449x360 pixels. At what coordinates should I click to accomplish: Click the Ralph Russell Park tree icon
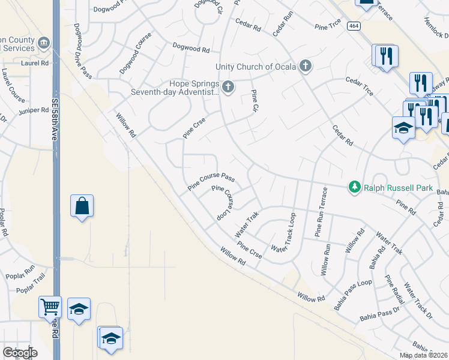(355, 188)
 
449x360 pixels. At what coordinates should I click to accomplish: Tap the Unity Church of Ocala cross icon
(306, 66)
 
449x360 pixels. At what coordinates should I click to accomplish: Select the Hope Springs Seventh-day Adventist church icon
(228, 88)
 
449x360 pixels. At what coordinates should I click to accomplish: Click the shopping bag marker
(81, 206)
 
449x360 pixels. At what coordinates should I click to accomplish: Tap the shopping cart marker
(49, 307)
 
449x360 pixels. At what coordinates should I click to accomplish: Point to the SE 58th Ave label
(54, 119)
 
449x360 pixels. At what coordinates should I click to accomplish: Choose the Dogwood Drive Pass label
(82, 51)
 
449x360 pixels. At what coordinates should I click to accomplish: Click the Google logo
(20, 352)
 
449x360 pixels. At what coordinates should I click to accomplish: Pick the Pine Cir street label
(255, 104)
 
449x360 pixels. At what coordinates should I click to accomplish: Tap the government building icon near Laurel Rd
(44, 43)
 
